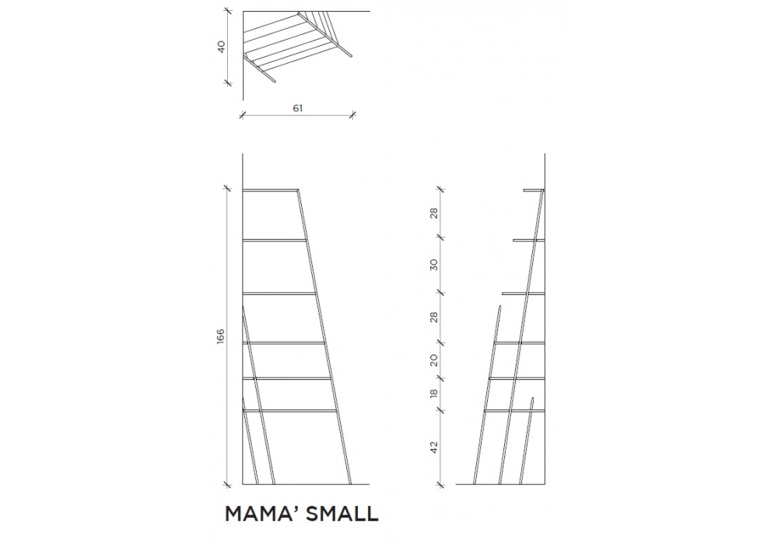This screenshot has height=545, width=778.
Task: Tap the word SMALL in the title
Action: (344, 514)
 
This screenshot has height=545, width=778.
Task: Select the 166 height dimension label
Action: (220, 336)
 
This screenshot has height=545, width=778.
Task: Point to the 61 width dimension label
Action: (297, 108)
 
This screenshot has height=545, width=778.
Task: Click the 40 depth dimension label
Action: (221, 46)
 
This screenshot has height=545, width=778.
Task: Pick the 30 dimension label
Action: (435, 264)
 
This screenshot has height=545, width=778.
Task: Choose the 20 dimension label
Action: (435, 360)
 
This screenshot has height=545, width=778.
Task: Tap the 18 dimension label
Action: (435, 392)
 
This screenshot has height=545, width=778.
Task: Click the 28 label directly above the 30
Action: (435, 213)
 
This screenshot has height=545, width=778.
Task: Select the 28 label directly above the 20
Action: (435, 318)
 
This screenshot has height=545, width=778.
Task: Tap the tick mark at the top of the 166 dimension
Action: (228, 188)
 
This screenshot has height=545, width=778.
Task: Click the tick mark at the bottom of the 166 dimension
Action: (228, 483)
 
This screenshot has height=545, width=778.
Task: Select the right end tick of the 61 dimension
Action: (352, 115)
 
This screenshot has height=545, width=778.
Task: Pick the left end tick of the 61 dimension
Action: (243, 115)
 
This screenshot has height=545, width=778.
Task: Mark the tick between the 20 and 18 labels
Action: (441, 378)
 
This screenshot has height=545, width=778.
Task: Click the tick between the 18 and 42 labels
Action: (441, 410)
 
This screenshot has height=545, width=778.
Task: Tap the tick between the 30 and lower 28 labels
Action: (441, 293)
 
